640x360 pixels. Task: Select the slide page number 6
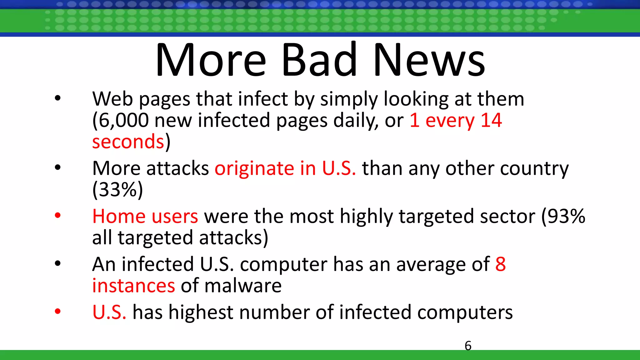pyautogui.click(x=468, y=346)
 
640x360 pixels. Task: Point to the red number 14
pyautogui.click(x=491, y=120)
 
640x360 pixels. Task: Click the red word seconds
pyautogui.click(x=128, y=142)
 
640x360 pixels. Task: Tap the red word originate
pyautogui.click(x=254, y=169)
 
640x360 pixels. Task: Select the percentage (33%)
pyautogui.click(x=117, y=189)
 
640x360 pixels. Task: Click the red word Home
pyautogui.click(x=119, y=216)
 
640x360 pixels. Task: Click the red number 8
pyautogui.click(x=500, y=264)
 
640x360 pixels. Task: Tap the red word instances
pyautogui.click(x=133, y=286)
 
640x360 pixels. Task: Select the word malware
pyautogui.click(x=243, y=286)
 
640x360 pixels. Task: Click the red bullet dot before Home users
pyautogui.click(x=57, y=216)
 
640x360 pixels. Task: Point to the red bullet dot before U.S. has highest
pyautogui.click(x=57, y=311)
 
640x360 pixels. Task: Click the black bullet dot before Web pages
pyautogui.click(x=57, y=98)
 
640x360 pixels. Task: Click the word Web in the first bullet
pyautogui.click(x=112, y=99)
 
